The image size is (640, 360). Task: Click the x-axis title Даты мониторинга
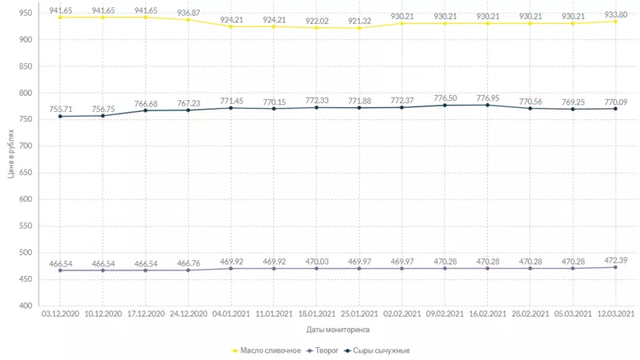coord(338,329)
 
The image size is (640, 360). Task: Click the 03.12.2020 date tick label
coord(60,314)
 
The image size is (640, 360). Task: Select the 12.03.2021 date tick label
coord(615,314)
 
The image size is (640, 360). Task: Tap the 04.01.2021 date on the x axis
coord(231,314)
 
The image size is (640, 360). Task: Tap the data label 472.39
coord(615,259)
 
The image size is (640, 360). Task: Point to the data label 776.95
coord(487,97)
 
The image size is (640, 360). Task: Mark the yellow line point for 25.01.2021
coord(359,28)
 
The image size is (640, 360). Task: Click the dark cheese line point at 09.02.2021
coord(445,106)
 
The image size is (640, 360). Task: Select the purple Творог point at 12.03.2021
coord(615,267)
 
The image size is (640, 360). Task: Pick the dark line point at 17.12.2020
coord(146,110)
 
